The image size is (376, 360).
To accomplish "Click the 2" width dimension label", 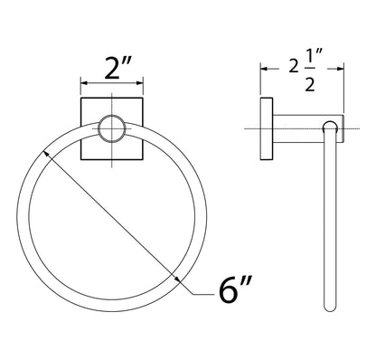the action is click(x=118, y=69).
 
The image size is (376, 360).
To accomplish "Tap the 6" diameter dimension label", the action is click(x=235, y=289).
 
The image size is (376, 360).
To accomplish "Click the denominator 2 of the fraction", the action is click(x=310, y=84).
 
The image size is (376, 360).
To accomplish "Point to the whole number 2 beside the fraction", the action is click(x=294, y=66).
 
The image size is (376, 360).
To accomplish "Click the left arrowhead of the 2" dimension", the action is click(x=84, y=83).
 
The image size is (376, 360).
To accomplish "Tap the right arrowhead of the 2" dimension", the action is click(x=139, y=83).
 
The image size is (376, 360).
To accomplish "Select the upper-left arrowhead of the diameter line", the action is click(x=47, y=154).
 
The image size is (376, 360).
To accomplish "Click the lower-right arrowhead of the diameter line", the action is click(x=177, y=279).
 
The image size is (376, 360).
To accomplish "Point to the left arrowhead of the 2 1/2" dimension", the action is click(x=264, y=69).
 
